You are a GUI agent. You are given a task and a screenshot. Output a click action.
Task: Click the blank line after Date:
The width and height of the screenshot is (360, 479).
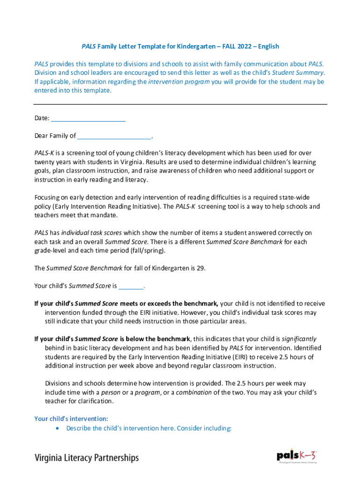pos(87,118)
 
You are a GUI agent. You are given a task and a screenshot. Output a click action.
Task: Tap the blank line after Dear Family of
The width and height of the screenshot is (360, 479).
pos(114,136)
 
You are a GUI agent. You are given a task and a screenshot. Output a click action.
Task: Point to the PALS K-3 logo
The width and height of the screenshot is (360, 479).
pos(297,456)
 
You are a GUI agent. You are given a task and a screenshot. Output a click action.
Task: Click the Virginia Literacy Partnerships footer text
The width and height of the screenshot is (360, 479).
pos(86,457)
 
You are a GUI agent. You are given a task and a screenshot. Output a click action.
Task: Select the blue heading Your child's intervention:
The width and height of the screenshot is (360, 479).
pos(71,419)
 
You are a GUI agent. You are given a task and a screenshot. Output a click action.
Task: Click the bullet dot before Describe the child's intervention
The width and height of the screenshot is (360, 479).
pos(57,428)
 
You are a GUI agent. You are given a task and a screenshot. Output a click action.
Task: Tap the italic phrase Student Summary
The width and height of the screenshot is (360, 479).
pos(298,73)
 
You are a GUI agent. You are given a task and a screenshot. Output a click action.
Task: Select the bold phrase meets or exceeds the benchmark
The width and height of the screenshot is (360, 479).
pos(169,304)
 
